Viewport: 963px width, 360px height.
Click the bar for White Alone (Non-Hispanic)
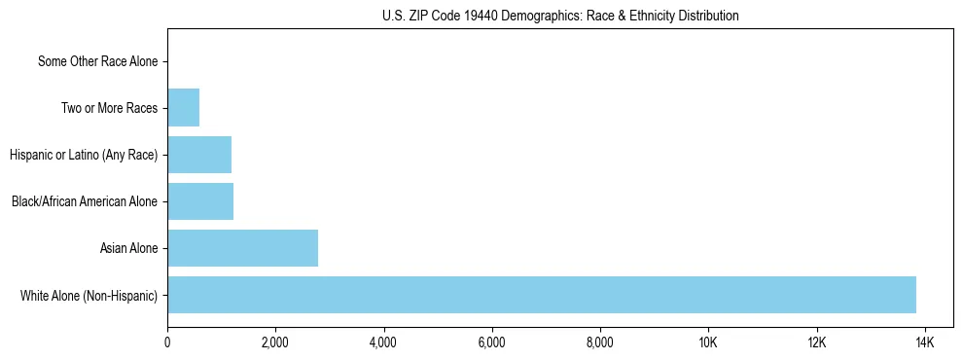coord(541,295)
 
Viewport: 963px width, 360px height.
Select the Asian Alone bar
coord(242,248)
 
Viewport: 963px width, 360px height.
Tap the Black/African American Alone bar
coord(200,201)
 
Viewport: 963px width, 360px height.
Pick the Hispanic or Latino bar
coord(199,155)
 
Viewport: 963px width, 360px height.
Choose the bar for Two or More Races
coord(183,108)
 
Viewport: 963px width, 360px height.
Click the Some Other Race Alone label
coord(97,61)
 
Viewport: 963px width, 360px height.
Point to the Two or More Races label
coord(109,108)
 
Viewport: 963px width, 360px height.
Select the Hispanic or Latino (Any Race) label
coord(84,155)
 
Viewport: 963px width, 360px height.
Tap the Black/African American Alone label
coord(85,201)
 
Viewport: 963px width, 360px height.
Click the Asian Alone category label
coord(128,248)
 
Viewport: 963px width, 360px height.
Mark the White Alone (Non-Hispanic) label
coord(89,295)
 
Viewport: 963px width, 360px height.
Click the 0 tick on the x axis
coord(167,342)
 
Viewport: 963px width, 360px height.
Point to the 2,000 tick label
coord(275,342)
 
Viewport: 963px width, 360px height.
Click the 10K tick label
coord(707,342)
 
